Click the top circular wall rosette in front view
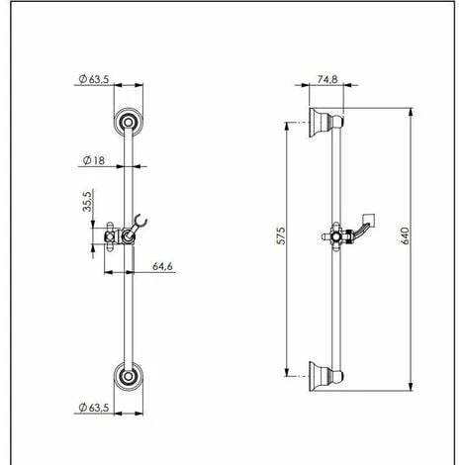(127, 122)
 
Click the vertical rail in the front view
(127, 297)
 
